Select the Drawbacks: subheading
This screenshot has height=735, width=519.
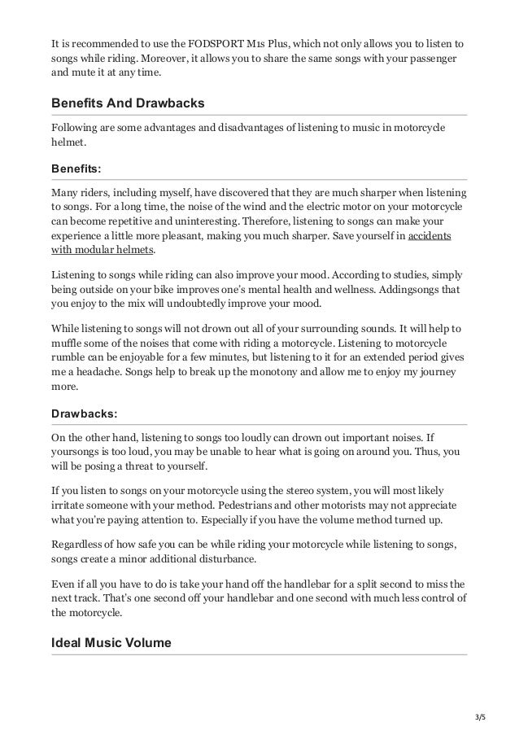coord(84,413)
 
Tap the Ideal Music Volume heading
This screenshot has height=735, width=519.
coord(111,643)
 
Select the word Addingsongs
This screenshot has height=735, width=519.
coord(408,290)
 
